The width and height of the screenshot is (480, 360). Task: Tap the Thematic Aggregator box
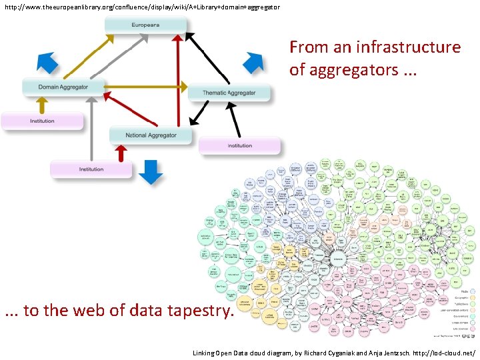point(229,93)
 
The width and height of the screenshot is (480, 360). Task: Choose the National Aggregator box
point(151,135)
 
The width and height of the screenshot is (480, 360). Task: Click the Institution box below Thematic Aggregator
point(239,145)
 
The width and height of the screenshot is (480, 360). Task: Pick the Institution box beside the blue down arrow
point(91,169)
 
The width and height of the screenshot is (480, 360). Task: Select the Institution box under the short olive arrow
point(42,121)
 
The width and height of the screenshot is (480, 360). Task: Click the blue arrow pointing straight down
point(153,171)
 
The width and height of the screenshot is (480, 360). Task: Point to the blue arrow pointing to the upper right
point(253,62)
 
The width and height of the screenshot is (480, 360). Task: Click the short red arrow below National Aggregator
point(121,155)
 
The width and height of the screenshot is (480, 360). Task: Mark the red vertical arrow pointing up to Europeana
point(178,80)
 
